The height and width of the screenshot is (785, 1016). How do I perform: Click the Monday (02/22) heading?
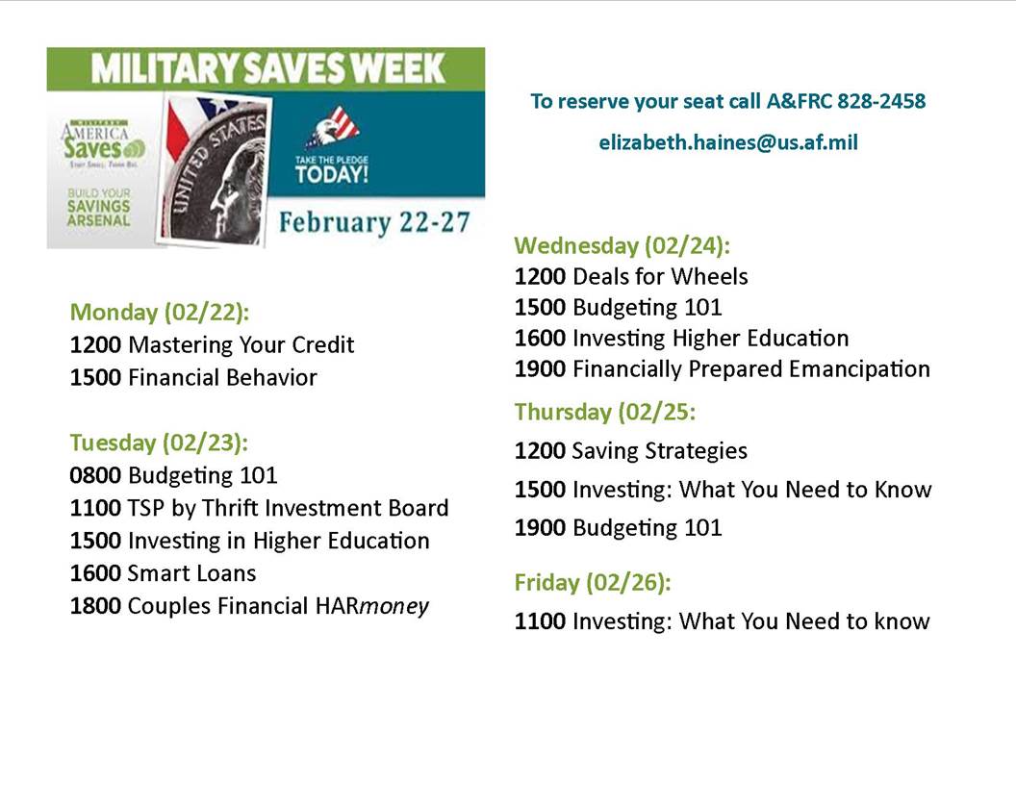tap(159, 312)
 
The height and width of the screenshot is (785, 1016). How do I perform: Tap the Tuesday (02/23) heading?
tap(159, 443)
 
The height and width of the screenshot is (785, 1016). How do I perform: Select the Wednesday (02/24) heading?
tap(622, 245)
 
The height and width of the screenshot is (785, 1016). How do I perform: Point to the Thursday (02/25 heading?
tap(605, 412)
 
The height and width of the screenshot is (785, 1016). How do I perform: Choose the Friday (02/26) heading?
tap(593, 582)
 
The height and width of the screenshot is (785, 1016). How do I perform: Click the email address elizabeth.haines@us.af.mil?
tap(727, 142)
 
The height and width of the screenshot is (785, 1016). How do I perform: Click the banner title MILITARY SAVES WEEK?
tap(268, 68)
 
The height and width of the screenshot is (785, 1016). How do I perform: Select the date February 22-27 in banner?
tap(374, 223)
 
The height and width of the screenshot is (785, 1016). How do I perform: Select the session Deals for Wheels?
tap(659, 277)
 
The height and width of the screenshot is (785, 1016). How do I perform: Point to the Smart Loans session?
tap(191, 573)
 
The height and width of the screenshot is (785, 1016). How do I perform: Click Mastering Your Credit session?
tap(241, 344)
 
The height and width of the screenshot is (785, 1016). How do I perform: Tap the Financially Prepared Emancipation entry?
tap(750, 369)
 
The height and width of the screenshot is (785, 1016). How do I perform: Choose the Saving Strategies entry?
tap(659, 450)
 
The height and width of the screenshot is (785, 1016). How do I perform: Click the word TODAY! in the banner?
tap(331, 175)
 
